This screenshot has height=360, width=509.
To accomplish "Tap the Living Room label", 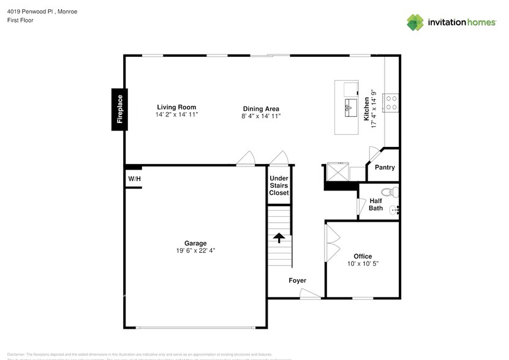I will (176, 107).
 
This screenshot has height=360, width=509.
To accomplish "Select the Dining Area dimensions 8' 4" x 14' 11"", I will (261, 116).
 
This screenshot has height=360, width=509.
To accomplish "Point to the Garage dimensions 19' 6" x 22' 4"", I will (196, 250).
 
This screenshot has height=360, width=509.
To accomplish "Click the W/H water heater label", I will (134, 179).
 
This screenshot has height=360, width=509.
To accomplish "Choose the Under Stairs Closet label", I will (279, 186).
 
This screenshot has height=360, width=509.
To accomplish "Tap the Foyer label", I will (298, 280).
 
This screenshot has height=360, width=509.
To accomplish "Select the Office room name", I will (363, 257).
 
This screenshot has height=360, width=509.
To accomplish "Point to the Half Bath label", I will (375, 204).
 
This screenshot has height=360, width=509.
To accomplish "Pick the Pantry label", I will (385, 167).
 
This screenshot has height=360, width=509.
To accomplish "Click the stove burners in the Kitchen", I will (390, 102).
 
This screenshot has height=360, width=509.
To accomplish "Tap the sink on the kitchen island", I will (351, 107).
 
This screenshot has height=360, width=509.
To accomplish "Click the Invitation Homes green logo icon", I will (415, 22).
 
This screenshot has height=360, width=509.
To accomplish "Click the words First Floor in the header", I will (21, 20).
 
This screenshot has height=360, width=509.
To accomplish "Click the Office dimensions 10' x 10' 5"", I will (363, 264).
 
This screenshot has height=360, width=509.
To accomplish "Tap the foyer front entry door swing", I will (310, 294).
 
